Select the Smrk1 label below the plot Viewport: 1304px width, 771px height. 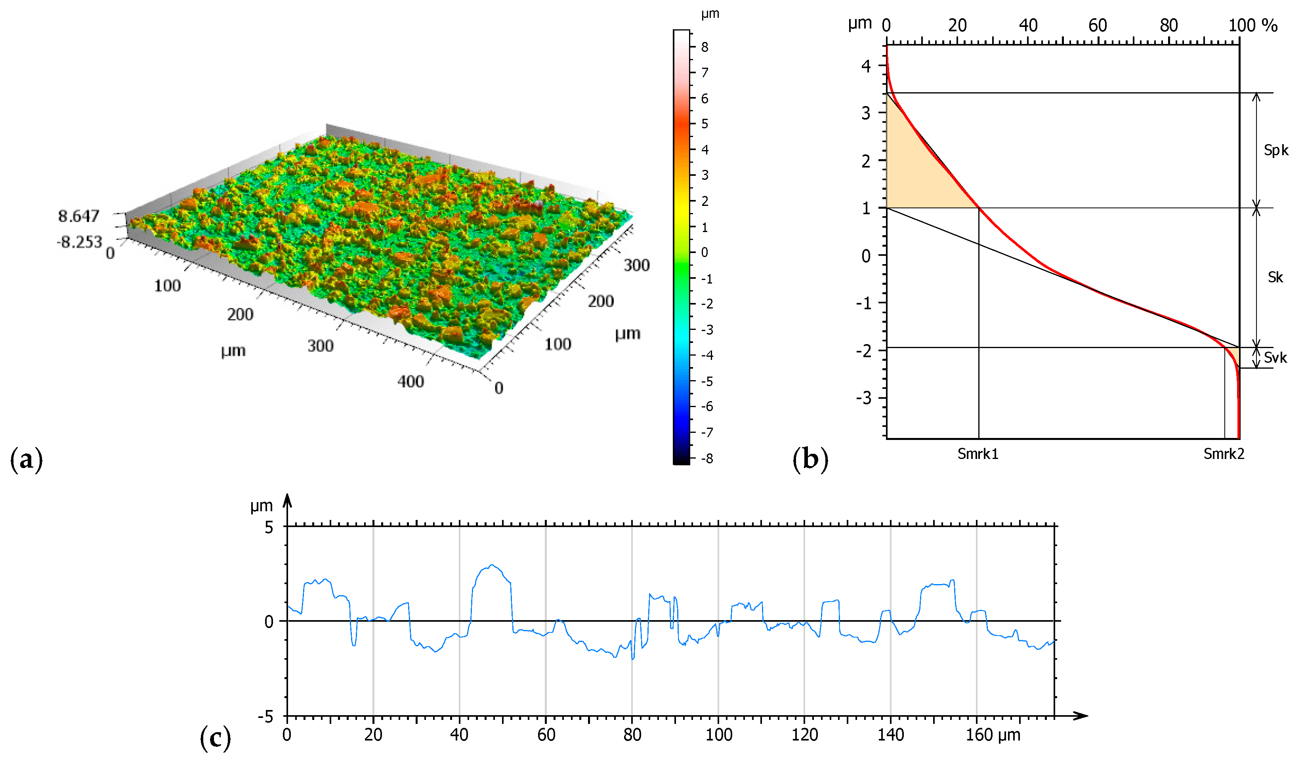point(977,454)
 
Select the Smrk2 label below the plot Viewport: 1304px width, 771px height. point(1224,454)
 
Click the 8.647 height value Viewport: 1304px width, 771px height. point(78,216)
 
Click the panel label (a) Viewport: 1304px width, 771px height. point(26,459)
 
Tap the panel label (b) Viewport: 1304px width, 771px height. point(810,459)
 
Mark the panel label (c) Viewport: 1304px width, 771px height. point(215,738)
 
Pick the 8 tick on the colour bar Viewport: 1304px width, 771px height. point(704,47)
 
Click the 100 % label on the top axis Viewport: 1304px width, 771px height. point(1252,25)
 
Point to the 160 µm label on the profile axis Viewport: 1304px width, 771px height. point(993,735)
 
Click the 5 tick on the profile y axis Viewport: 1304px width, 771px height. point(269,528)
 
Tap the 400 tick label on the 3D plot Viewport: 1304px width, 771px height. point(410,382)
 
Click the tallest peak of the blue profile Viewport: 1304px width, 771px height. point(492,565)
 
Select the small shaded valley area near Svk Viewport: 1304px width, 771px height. point(1234,358)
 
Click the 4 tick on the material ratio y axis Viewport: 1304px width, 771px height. point(865,66)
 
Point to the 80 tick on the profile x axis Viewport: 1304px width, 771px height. point(632,735)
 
